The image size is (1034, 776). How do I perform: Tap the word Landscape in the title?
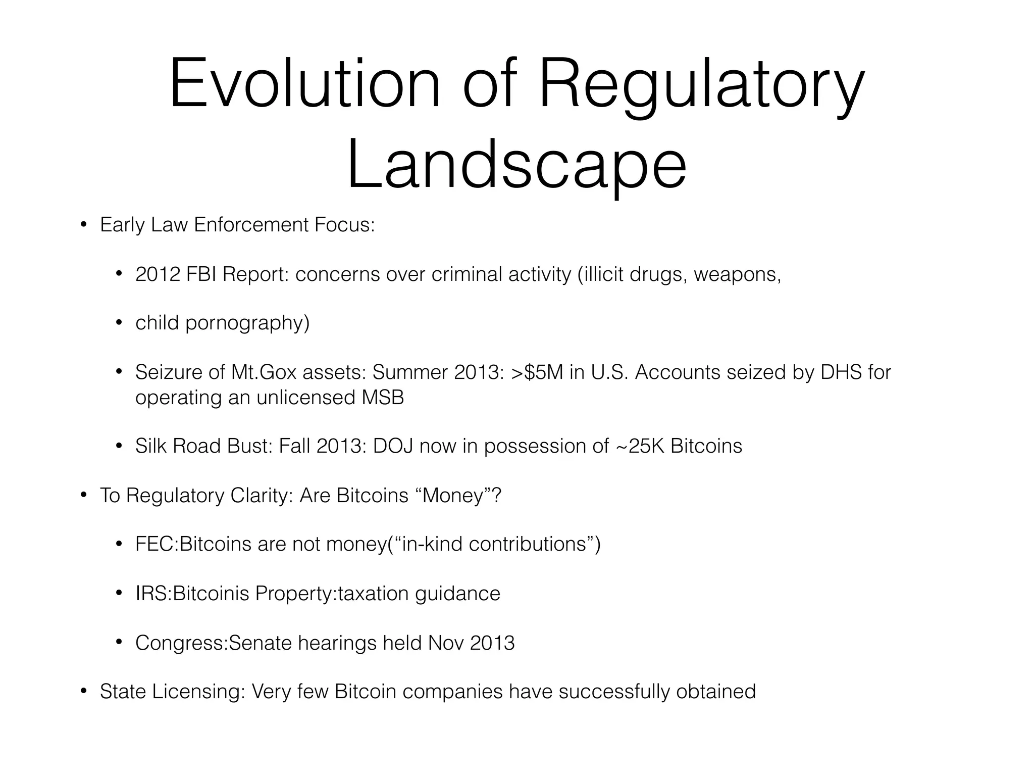tap(516, 165)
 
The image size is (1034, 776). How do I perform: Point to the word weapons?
tap(737, 274)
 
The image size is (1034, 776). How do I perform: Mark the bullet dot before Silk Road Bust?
tap(119, 446)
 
